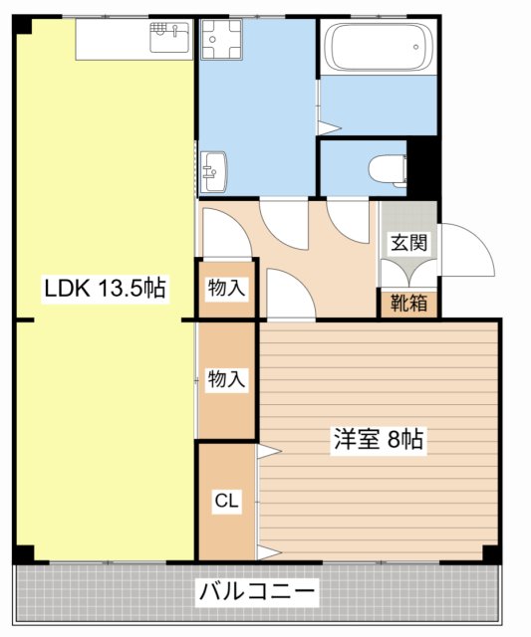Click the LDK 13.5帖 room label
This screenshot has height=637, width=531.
pyautogui.click(x=104, y=289)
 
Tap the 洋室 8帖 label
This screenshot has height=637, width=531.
pyautogui.click(x=380, y=439)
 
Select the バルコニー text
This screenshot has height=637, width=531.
pyautogui.click(x=257, y=593)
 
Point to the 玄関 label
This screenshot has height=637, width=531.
pyautogui.click(x=407, y=242)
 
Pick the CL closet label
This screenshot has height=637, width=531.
pyautogui.click(x=226, y=502)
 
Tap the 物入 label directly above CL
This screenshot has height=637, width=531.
pyautogui.click(x=226, y=378)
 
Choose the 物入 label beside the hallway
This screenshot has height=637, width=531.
pyautogui.click(x=226, y=289)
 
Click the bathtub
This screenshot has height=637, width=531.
pyautogui.click(x=379, y=47)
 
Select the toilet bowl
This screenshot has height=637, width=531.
pyautogui.click(x=384, y=168)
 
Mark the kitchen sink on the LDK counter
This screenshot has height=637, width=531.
pyautogui.click(x=170, y=38)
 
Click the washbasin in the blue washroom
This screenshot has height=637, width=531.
pyautogui.click(x=212, y=171)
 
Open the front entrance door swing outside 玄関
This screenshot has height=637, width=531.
pyautogui.click(x=466, y=249)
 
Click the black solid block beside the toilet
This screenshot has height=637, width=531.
pyautogui.click(x=423, y=166)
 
